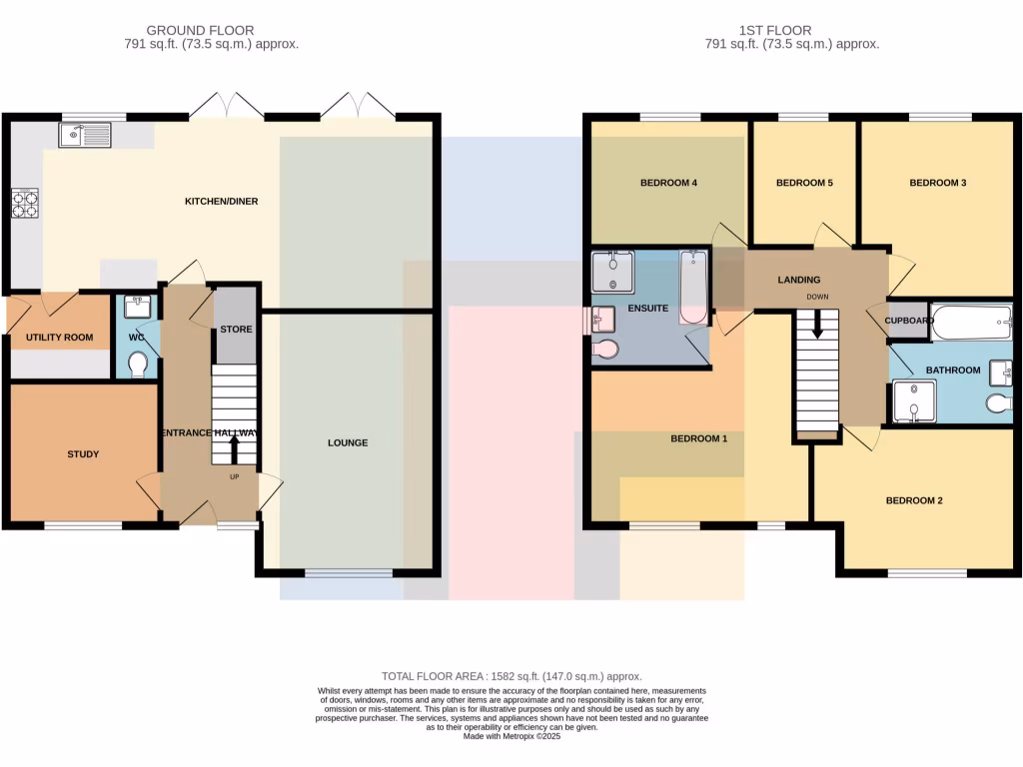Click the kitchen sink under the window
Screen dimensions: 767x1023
(x=84, y=134)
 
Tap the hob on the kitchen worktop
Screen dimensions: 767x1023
(x=24, y=203)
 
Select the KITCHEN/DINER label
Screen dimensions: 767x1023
(x=221, y=202)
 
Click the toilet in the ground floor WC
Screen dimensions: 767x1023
(x=138, y=364)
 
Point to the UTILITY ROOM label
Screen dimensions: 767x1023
(x=60, y=338)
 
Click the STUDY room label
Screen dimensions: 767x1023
(x=83, y=454)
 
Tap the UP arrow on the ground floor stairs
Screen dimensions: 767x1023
(x=235, y=450)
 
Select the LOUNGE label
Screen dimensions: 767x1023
(x=348, y=442)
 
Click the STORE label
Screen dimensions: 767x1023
(x=236, y=329)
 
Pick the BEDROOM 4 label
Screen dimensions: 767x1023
(x=668, y=183)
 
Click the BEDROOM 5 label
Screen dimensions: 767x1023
(x=804, y=183)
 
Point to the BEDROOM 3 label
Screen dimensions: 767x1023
(x=937, y=183)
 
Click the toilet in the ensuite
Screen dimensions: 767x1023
(x=604, y=349)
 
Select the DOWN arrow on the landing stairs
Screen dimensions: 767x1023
(x=818, y=324)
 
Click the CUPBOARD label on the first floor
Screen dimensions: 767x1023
(x=909, y=321)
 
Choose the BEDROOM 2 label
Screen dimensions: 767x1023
(x=914, y=500)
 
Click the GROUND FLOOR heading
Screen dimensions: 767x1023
(x=200, y=31)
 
